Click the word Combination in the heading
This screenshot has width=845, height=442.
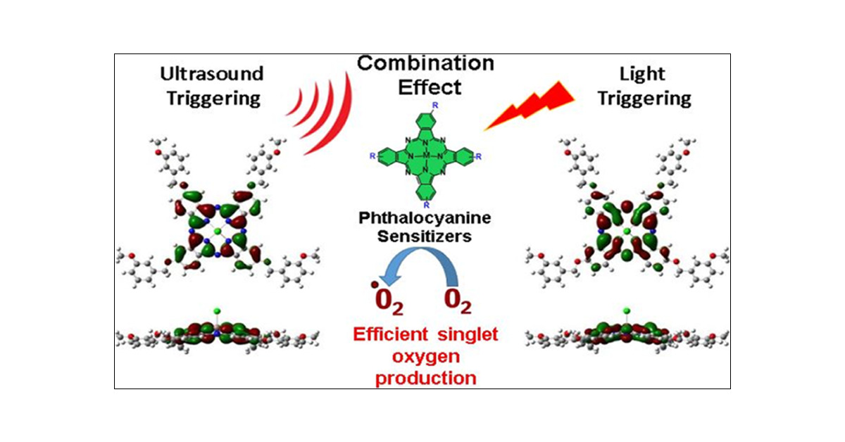[x=425, y=63]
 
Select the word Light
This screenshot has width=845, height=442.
[x=641, y=73]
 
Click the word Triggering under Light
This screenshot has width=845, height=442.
[x=641, y=98]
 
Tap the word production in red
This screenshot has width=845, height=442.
[x=425, y=378]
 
